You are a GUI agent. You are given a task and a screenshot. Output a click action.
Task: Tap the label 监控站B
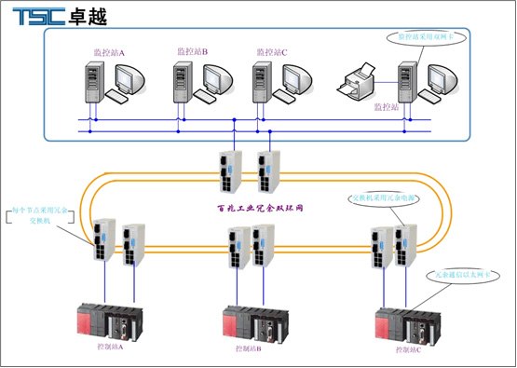tap(193, 50)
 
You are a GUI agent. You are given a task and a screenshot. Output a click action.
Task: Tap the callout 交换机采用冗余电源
tap(380, 198)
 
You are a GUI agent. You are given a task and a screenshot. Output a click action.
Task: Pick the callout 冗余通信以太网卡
tap(469, 276)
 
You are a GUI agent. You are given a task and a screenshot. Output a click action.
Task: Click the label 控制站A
tap(110, 347)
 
